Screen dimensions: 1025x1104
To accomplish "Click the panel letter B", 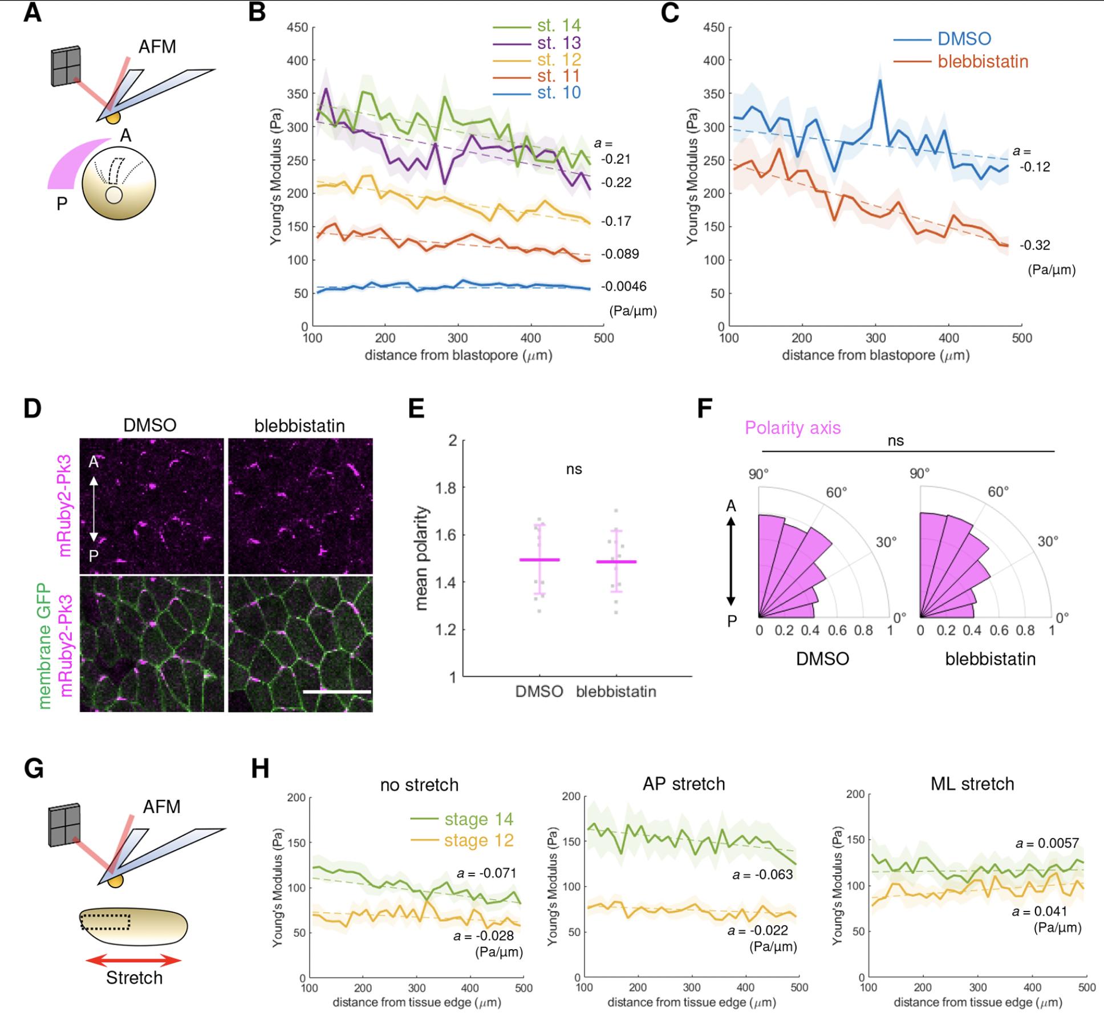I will [x=257, y=13].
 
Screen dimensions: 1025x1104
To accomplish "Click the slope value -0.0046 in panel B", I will [x=623, y=286].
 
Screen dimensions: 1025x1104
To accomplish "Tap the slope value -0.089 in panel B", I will [x=620, y=254].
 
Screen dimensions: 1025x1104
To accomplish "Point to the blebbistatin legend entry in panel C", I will [x=983, y=61].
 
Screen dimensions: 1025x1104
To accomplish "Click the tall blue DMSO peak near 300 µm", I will [x=880, y=82].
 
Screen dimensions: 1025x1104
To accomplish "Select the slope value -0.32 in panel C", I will [x=1034, y=245].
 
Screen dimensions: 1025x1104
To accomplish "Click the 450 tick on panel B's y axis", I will [x=297, y=27].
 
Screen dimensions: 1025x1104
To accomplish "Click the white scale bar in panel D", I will [x=337, y=692].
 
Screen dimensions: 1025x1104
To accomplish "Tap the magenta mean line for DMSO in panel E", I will [x=539, y=560].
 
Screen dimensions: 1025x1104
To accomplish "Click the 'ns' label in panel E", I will [x=574, y=469].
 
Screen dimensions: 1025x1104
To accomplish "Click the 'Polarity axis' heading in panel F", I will [x=792, y=428].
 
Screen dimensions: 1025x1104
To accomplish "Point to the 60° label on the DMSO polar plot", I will [x=837, y=492].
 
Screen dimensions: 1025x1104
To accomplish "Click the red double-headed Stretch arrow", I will [x=133, y=961].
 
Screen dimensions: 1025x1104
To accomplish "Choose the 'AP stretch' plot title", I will [x=684, y=784].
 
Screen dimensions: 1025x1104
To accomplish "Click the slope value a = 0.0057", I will [x=1047, y=843].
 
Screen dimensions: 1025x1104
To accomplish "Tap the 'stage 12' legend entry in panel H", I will [x=478, y=840].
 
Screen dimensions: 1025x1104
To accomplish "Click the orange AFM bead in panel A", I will [x=113, y=117].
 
